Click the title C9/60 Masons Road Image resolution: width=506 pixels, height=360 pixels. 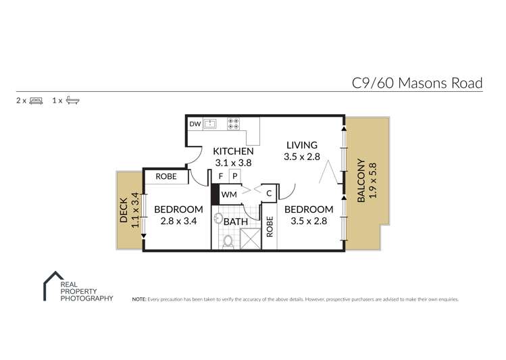point(417,83)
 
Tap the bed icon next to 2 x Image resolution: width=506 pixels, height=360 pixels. point(36,101)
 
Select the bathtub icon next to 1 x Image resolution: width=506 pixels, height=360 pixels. point(73,101)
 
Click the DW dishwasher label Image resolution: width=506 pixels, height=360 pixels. point(194,124)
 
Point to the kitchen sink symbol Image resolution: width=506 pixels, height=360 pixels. point(211,124)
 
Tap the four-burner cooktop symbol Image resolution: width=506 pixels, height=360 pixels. point(234,124)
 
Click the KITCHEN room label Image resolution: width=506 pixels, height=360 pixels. point(233,151)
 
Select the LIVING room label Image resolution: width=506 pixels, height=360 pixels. point(301,145)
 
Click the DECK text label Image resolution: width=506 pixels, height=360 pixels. point(124,209)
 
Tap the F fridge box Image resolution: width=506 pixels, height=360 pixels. point(220,176)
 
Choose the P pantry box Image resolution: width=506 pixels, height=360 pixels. point(234,176)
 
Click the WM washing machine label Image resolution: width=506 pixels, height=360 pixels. point(229,195)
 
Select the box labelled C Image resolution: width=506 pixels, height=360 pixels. point(268,193)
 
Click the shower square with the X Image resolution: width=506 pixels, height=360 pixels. point(250,239)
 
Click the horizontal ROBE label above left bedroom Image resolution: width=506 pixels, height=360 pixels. point(166,176)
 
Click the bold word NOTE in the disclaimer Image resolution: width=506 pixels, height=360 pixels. point(139,299)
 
